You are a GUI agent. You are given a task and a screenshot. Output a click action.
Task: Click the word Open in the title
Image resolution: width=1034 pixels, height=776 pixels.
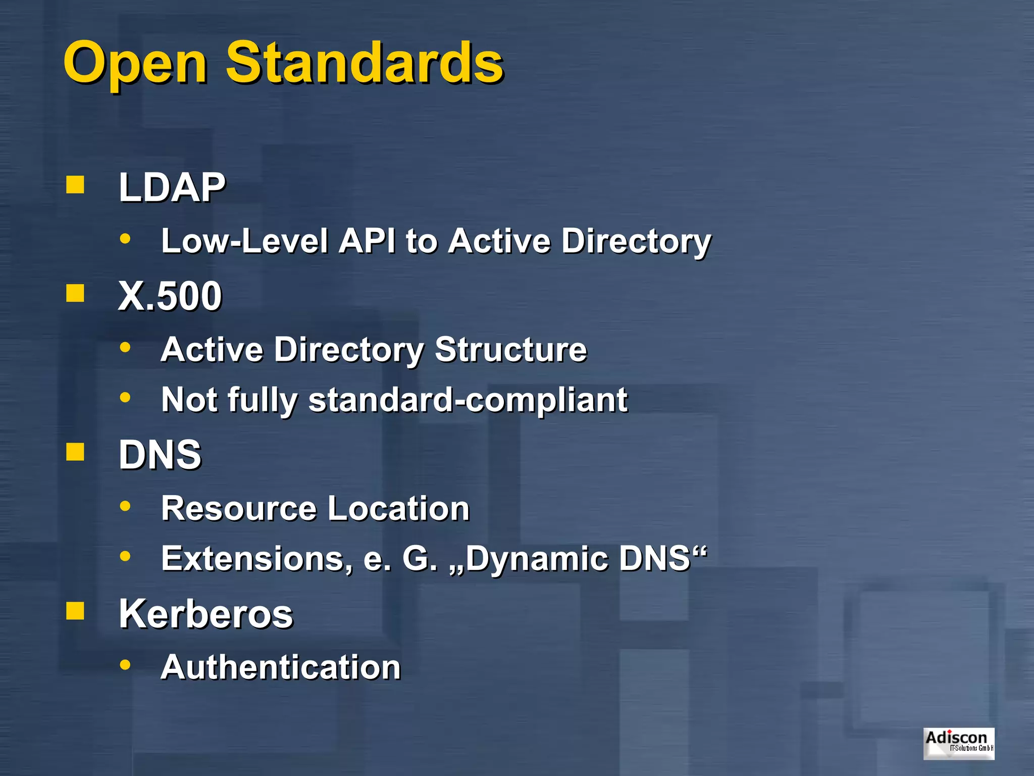click(135, 63)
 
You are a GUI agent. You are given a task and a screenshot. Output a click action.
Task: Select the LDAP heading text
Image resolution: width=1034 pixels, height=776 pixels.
click(172, 187)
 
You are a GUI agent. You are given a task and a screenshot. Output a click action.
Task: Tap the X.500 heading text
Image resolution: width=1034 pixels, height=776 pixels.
click(170, 296)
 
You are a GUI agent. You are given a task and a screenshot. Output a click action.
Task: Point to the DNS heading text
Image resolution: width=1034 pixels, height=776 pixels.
click(160, 455)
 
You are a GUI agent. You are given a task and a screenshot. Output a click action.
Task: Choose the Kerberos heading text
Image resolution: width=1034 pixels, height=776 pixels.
click(206, 614)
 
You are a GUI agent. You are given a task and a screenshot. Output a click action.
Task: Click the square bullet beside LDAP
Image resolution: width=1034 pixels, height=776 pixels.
click(75, 185)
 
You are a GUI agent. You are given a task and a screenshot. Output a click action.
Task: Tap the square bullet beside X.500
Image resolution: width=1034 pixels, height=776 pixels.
click(75, 293)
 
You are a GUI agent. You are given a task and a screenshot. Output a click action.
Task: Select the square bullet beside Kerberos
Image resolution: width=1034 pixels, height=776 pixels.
click(75, 611)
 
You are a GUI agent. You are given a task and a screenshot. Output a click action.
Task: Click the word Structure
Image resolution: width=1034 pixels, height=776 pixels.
click(511, 349)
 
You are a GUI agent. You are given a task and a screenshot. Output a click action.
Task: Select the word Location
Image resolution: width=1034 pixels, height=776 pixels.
click(399, 508)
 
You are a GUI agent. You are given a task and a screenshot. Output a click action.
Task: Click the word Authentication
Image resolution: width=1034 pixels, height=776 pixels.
click(281, 667)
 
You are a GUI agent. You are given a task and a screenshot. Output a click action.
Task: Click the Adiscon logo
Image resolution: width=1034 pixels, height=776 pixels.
click(959, 743)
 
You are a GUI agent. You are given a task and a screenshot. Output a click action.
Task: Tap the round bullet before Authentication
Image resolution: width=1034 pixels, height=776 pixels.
click(125, 665)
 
